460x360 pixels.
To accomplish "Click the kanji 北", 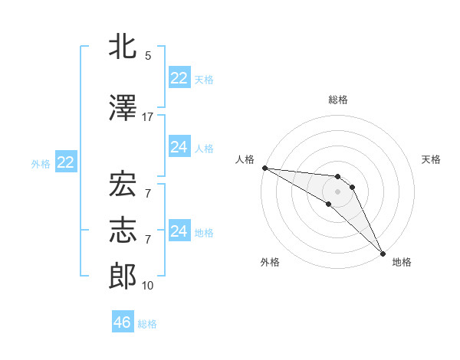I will pos(123,47).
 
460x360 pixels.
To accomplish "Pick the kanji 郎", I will pos(123,277).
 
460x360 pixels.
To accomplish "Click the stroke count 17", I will pos(148,116).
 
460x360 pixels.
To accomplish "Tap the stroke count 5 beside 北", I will pos(148,56).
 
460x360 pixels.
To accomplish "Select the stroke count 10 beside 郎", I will pos(148,286).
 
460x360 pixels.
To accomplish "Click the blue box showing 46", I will pos(123,322).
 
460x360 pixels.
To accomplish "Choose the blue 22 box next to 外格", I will pos(65,162).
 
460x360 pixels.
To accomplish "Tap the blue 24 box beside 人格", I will pos(179,148).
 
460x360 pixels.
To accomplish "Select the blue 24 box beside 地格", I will pos(179,231).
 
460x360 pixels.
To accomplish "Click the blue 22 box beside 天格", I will pos(179,78).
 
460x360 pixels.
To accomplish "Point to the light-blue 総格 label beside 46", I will pos(147,324).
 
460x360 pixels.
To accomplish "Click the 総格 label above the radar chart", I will pos(338,100).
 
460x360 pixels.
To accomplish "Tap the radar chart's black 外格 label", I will pos(270,262).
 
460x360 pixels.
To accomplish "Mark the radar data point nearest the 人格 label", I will pos(264,168).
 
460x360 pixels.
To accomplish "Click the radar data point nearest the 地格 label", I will pos(383,252).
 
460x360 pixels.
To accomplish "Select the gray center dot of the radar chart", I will pos(337,191).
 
